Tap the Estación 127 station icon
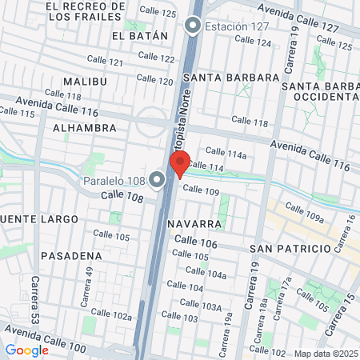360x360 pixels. click(192, 26)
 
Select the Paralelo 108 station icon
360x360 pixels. click(157, 180)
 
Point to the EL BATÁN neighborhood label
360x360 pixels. click(140, 36)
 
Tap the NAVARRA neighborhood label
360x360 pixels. click(195, 224)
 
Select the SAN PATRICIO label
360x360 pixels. click(290, 249)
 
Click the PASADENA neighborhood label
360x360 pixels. click(72, 256)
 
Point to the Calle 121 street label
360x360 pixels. click(105, 62)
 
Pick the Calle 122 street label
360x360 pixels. click(157, 58)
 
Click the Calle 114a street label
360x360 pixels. click(225, 150)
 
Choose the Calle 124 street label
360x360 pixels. click(253, 42)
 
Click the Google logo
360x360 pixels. click(27, 350)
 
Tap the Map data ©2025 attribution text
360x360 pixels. click(326, 353)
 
